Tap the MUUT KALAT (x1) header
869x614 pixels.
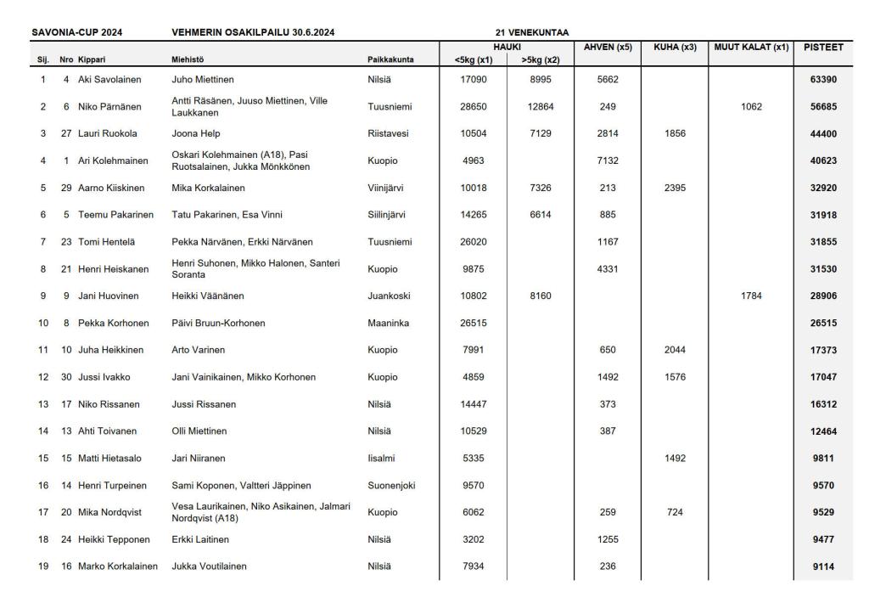751,48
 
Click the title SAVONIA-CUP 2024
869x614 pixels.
77,33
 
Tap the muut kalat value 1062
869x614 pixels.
751,107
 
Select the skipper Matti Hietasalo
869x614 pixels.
110,459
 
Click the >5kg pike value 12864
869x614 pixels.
540,107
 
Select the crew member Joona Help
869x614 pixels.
196,134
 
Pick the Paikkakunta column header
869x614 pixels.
390,59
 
